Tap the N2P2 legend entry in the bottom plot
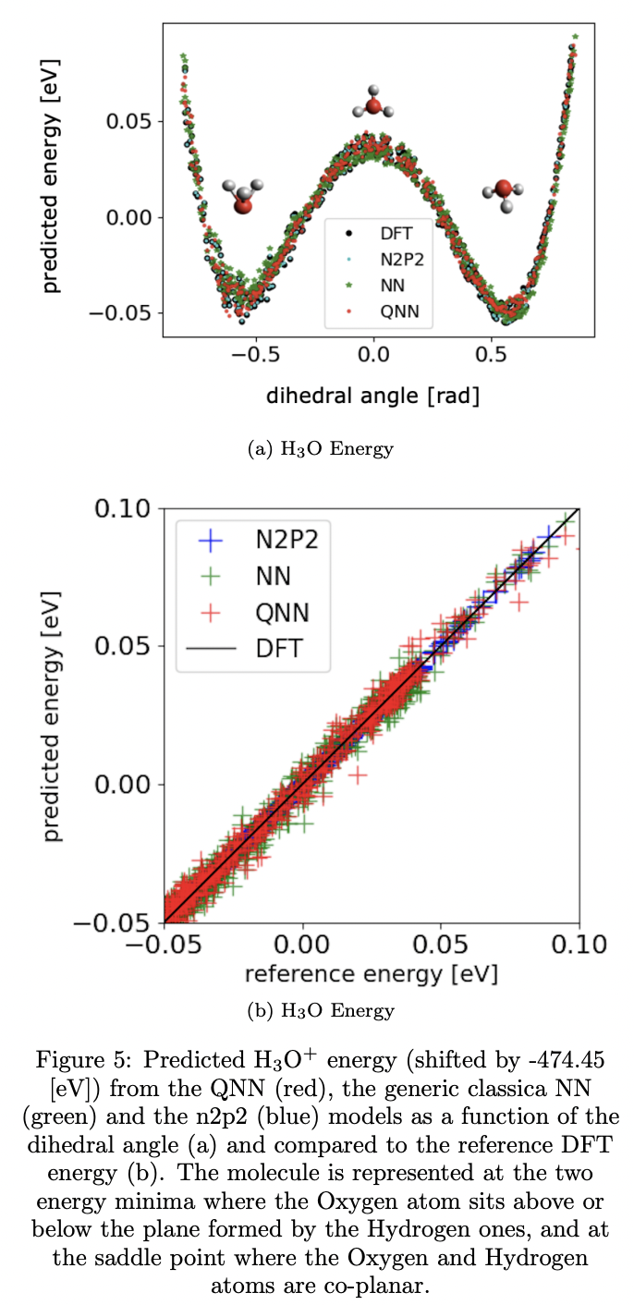point(287,541)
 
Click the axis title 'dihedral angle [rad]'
point(372,396)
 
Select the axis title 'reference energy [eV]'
point(371,975)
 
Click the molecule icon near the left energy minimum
point(242,196)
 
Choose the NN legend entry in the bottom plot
point(274,577)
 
